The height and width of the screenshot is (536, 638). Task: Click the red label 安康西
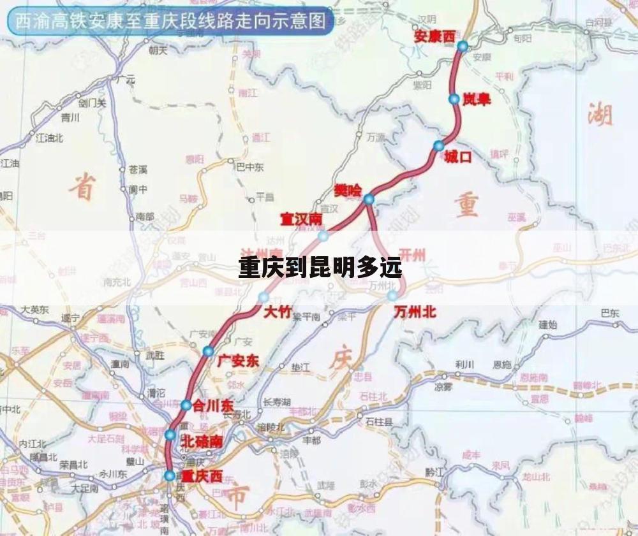coord(434,36)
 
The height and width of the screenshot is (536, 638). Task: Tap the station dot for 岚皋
coord(454,99)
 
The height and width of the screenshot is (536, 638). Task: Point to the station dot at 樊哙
coord(369,199)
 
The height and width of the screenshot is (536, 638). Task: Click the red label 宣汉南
coord(301,219)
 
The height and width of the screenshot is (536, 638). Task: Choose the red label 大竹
coord(277,312)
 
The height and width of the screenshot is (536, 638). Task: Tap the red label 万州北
coord(415,312)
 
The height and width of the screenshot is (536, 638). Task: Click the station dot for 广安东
coord(208,351)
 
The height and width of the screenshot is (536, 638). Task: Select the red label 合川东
coord(214,405)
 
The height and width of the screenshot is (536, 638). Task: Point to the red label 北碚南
coord(202,441)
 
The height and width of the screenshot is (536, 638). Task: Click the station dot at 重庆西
coord(169,475)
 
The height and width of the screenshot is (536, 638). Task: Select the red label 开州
coord(412,255)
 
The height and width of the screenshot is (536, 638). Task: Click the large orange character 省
coord(82,187)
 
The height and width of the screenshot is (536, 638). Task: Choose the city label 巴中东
coord(250,168)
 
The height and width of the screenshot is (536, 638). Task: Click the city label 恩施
coord(502,365)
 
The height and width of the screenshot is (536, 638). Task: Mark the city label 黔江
coord(434,472)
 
